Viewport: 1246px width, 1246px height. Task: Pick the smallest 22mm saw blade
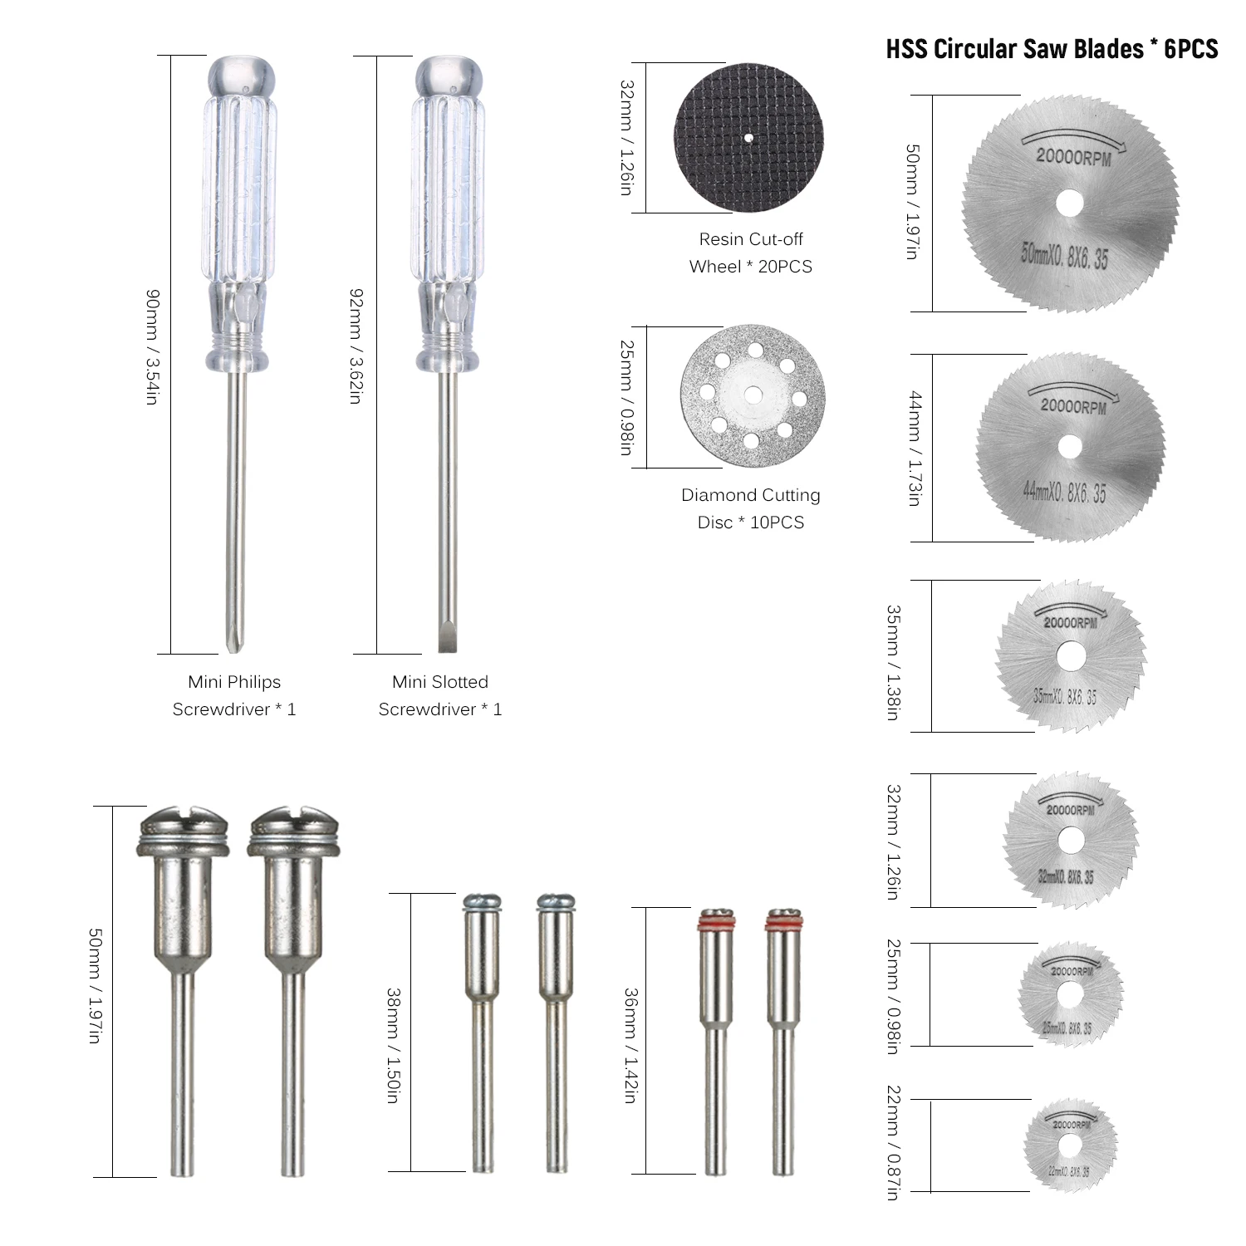1071,1146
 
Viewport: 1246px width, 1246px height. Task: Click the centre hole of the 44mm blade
1070,447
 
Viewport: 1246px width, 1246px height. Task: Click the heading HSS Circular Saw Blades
1052,48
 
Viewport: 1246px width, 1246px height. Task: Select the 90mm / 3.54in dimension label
152,347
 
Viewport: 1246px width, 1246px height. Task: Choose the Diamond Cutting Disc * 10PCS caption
751,508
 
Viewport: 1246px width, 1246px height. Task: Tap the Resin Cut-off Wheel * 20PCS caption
751,253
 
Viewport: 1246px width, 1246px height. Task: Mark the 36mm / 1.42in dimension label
630,1045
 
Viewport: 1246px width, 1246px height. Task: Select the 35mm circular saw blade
1071,656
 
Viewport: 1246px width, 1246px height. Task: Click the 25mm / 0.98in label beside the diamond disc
626,397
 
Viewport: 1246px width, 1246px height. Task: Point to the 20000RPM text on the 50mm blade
1073,156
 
